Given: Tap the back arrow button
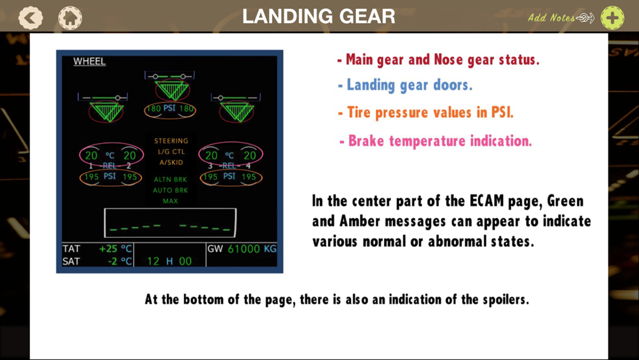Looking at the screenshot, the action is [x=31, y=18].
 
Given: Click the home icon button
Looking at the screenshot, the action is [x=70, y=18].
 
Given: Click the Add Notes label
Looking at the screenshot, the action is [x=551, y=17].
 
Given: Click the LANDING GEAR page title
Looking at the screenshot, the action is [x=319, y=17].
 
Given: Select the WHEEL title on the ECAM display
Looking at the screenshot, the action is [x=89, y=61].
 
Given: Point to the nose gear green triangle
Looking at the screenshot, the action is [x=172, y=90].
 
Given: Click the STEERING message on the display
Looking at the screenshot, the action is [x=171, y=141].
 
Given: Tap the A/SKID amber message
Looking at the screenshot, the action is [x=171, y=162].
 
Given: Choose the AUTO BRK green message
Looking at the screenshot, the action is [x=171, y=190].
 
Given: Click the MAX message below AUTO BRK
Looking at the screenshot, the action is [x=171, y=201].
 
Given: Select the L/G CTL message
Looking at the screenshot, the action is [x=171, y=152].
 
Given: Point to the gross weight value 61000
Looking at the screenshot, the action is [x=243, y=249].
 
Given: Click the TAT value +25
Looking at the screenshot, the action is [x=109, y=249].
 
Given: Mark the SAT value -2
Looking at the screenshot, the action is [x=112, y=262].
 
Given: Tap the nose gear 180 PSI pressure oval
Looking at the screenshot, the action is [x=170, y=110].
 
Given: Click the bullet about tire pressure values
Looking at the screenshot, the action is [x=426, y=113].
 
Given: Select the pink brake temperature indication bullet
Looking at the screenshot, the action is [x=436, y=141].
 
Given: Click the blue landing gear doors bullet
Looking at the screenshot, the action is [x=405, y=85].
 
